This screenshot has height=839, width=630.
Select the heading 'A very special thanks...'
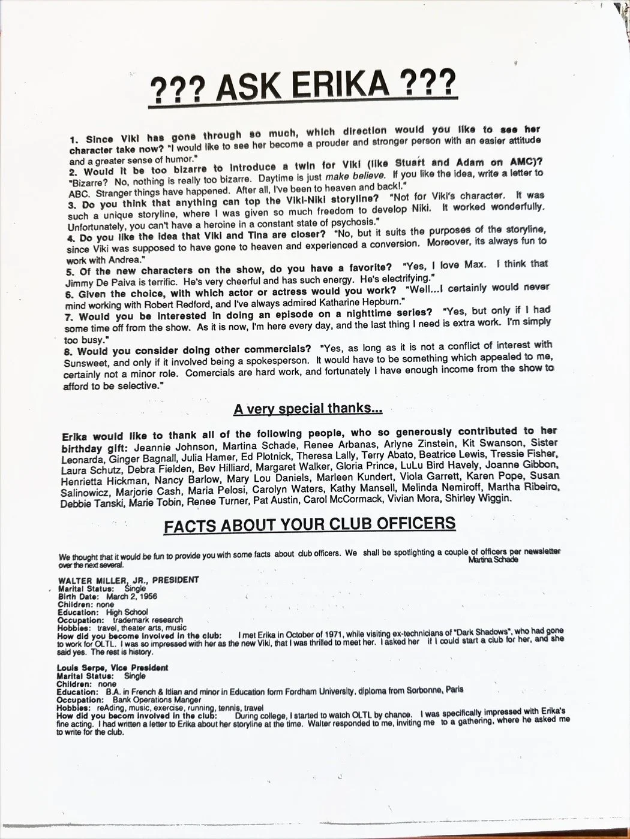[x=308, y=409]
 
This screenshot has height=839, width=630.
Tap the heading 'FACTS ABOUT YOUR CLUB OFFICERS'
[x=310, y=524]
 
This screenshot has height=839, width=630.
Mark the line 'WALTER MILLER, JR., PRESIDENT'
[x=128, y=580]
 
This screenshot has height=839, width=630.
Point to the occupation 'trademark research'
[x=148, y=620]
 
